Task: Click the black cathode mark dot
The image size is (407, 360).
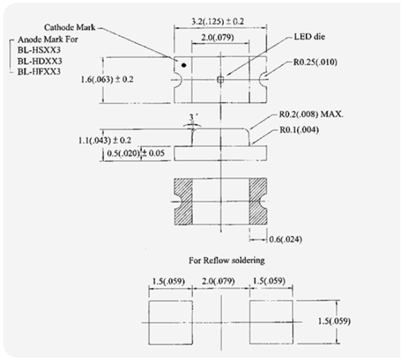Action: pyautogui.click(x=184, y=65)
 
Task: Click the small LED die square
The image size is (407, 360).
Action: pyautogui.click(x=220, y=80)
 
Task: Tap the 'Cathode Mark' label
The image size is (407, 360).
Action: pyautogui.click(x=70, y=27)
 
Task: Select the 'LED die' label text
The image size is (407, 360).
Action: pyautogui.click(x=309, y=37)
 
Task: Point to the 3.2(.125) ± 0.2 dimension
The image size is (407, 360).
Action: pyautogui.click(x=217, y=21)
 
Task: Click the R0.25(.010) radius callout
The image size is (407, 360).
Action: pyautogui.click(x=315, y=62)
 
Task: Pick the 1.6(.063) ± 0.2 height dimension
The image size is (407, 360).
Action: pyautogui.click(x=107, y=79)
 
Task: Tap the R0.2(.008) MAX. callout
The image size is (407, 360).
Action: pyautogui.click(x=311, y=114)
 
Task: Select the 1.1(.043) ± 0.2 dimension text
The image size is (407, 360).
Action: pyautogui.click(x=104, y=141)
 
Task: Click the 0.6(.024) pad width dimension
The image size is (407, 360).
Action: pyautogui.click(x=285, y=239)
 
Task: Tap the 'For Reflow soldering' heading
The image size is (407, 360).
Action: pyautogui.click(x=226, y=260)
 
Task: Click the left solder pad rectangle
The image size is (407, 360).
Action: pyautogui.click(x=171, y=323)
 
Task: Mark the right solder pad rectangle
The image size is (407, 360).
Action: pyautogui.click(x=271, y=322)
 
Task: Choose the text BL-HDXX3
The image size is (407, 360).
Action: pyautogui.click(x=40, y=61)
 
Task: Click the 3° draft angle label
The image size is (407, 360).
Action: pyautogui.click(x=192, y=117)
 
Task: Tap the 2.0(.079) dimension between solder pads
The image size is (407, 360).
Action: pyautogui.click(x=218, y=281)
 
